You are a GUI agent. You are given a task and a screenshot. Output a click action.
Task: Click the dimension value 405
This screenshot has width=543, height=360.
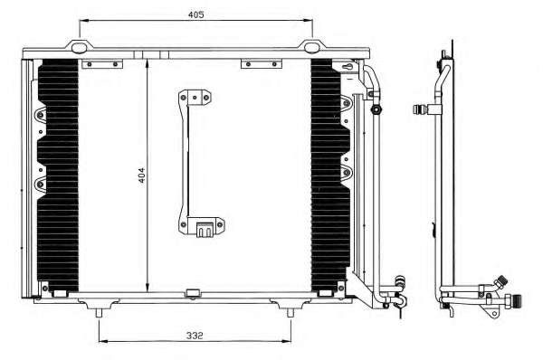(x=196, y=14)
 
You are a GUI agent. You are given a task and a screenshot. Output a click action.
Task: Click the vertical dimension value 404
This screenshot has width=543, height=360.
(x=142, y=175)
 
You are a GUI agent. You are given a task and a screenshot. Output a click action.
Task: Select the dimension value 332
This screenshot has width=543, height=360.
(x=195, y=336)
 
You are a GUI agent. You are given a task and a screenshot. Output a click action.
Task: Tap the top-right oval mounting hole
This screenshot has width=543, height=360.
(x=313, y=47)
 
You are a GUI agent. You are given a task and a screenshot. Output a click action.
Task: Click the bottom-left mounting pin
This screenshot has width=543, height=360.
(x=99, y=313)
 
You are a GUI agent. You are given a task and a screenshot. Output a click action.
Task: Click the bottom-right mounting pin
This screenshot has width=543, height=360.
(x=291, y=313)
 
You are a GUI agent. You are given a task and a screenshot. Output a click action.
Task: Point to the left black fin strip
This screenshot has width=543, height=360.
(x=58, y=175)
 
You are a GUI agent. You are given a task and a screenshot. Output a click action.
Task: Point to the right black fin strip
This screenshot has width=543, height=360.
(x=330, y=175)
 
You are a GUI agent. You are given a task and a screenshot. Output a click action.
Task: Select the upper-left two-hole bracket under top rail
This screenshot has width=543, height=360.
(x=102, y=64)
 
